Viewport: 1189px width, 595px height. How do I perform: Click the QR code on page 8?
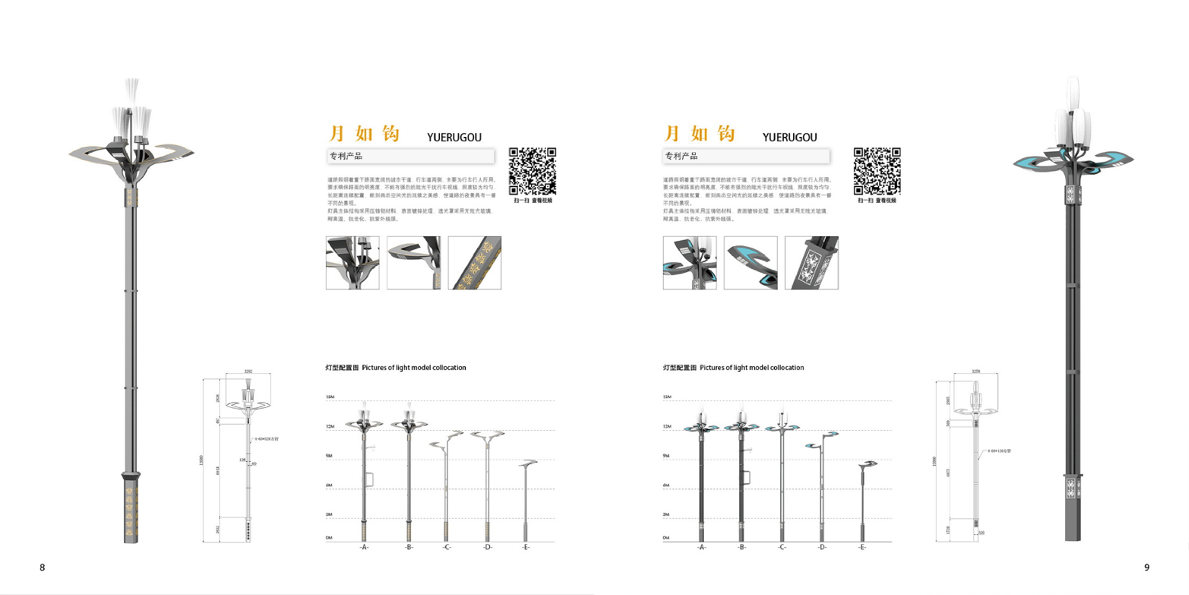(x=532, y=171)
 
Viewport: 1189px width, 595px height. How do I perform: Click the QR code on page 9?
(x=877, y=171)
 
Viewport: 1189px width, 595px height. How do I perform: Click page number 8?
(x=42, y=567)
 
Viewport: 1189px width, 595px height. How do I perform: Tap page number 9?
(x=1146, y=567)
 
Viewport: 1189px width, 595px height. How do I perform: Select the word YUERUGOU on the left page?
(x=454, y=138)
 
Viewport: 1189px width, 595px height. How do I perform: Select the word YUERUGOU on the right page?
(x=789, y=138)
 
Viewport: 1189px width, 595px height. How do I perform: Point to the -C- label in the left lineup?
(x=447, y=547)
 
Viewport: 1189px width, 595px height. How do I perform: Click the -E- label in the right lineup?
(x=862, y=547)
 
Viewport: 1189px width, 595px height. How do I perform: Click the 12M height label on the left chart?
(x=330, y=426)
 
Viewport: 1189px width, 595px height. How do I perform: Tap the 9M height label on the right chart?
(x=666, y=456)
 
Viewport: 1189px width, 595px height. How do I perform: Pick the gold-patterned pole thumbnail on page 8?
(x=475, y=263)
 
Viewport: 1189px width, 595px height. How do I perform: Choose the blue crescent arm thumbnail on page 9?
(x=750, y=263)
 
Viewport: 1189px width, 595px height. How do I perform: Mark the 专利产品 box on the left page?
(x=411, y=156)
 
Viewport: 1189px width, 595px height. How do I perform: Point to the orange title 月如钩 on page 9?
(x=700, y=134)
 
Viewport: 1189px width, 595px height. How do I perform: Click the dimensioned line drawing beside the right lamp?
(x=975, y=456)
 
